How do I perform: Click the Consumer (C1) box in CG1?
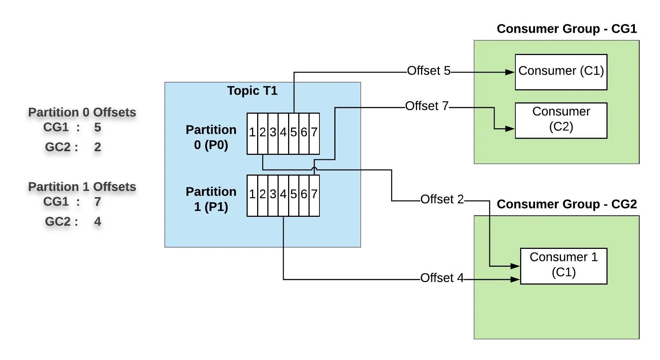[561, 72]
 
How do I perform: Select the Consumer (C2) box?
[561, 120]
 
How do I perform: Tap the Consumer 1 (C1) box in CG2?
[563, 266]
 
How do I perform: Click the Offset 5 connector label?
[429, 71]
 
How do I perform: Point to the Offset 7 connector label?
[427, 106]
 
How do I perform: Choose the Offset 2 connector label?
[442, 199]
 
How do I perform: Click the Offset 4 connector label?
[442, 278]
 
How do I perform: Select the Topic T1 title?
[252, 91]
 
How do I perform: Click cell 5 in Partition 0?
[294, 133]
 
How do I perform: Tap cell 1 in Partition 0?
[252, 133]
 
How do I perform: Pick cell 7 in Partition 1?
[314, 195]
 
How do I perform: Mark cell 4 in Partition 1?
[283, 195]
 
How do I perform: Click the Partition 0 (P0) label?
[211, 137]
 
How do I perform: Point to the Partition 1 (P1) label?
[211, 199]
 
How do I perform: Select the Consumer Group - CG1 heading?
[567, 29]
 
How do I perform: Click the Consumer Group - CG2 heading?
[567, 204]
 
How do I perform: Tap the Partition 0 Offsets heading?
[82, 112]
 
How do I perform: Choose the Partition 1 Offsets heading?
[82, 187]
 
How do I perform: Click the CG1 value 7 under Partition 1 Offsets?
[97, 201]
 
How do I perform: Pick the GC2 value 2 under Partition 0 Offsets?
[97, 147]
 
